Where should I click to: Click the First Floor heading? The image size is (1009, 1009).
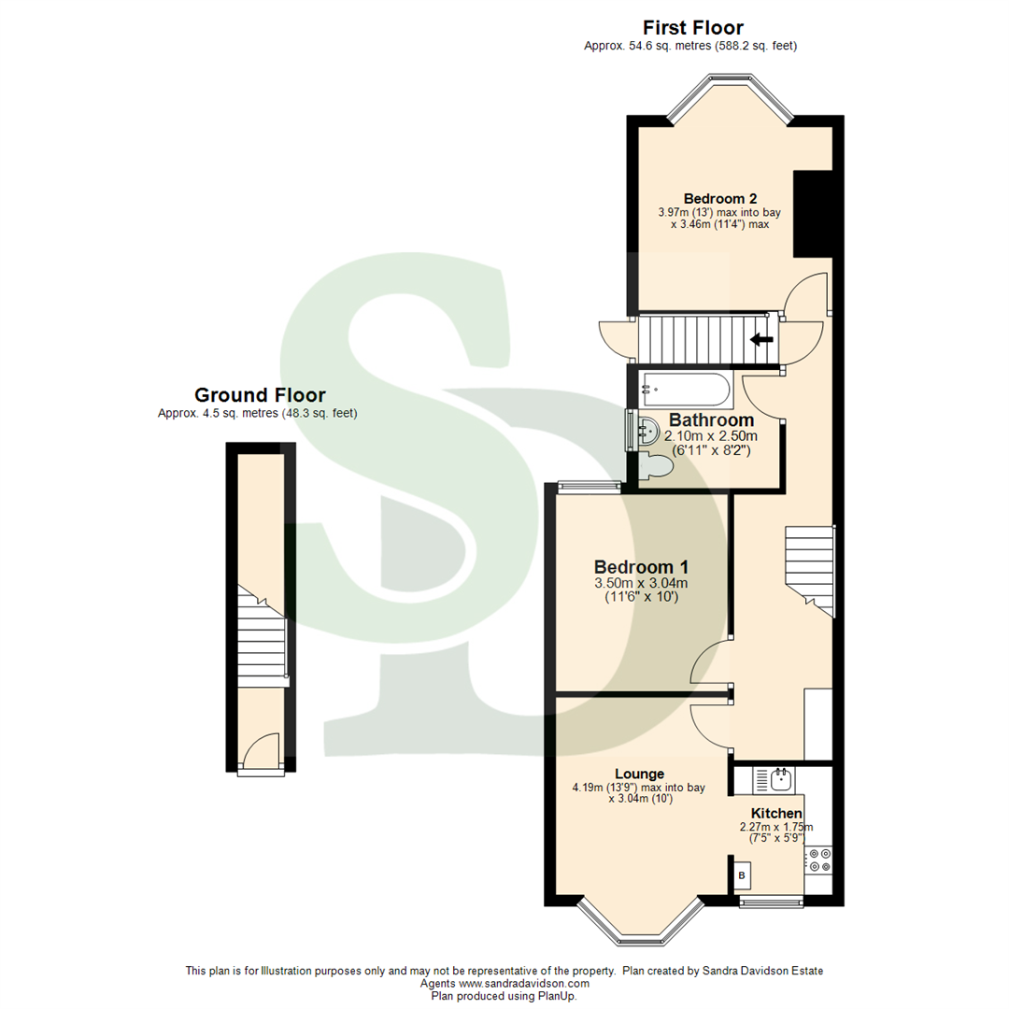pos(692,27)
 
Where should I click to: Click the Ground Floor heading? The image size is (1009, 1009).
pos(259,395)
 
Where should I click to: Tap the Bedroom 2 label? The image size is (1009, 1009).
pos(719,198)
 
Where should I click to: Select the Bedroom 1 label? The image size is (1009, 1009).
pos(641,567)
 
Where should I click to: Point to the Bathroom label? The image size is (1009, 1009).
pos(711,420)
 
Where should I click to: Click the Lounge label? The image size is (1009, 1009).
pos(639,774)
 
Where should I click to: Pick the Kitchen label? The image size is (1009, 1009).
pos(776,813)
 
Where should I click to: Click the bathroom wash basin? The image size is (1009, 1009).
pos(647,432)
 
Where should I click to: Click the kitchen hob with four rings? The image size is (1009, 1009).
pos(820,860)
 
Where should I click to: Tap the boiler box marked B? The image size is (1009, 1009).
pos(742,875)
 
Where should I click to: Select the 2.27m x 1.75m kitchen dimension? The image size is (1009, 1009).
pos(776,827)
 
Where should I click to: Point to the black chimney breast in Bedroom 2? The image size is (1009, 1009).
pos(812,213)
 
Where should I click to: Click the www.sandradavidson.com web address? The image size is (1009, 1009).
pos(523,984)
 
